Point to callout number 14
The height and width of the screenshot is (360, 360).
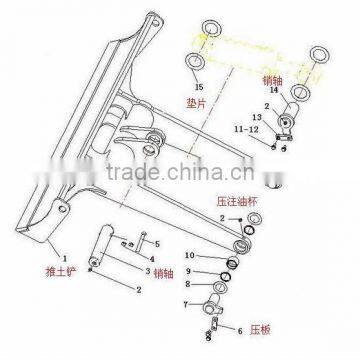(302, 90)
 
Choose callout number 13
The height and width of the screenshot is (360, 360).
(257, 116)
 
